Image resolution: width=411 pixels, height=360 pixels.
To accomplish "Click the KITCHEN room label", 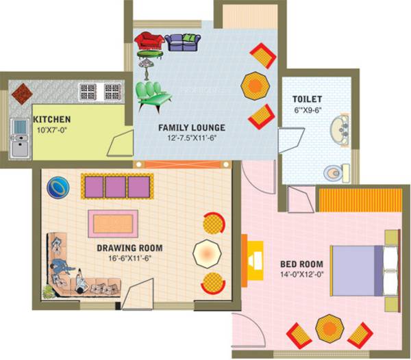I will point(51,119).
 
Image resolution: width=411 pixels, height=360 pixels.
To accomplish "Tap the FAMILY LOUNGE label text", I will point(192,128).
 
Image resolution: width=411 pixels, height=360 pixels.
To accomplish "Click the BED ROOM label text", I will point(301,263).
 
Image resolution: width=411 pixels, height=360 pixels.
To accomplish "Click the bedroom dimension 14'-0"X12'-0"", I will point(301,274).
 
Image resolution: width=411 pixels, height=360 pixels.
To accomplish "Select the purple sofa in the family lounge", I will point(183,42).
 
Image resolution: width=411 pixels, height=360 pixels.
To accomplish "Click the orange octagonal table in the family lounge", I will point(253,86).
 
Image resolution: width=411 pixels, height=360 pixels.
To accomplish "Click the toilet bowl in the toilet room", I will point(334,172).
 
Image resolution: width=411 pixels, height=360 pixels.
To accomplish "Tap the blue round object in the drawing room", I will point(59,186).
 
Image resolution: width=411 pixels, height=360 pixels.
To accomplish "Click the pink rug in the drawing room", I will point(112,223).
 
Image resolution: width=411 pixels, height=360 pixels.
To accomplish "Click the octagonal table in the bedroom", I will point(329,327).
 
